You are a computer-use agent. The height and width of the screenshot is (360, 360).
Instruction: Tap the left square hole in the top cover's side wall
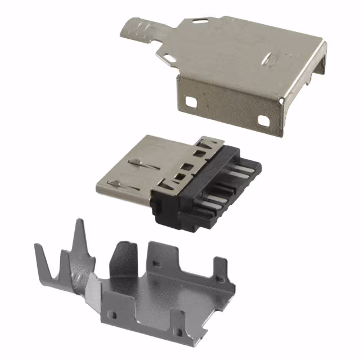click(191, 102)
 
